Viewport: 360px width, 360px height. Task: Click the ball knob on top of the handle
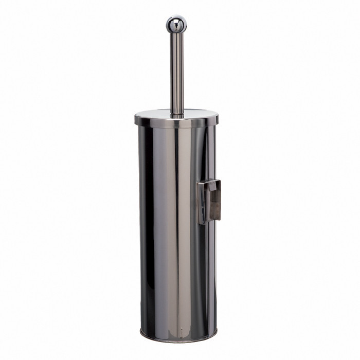coord(176,24)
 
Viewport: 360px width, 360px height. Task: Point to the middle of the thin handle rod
coord(176,72)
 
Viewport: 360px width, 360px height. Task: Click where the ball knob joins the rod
coord(176,33)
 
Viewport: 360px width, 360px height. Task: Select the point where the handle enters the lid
coord(176,114)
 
